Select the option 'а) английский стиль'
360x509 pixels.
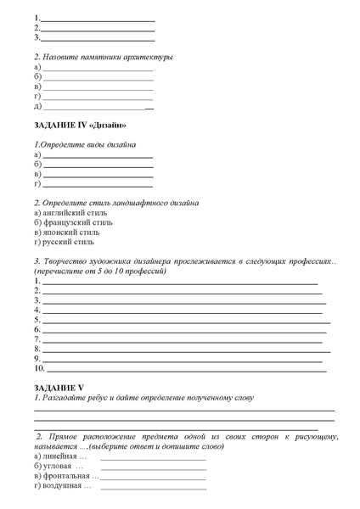click(x=71, y=213)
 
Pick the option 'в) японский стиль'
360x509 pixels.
click(x=67, y=232)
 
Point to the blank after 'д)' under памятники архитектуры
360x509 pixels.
click(x=98, y=108)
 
